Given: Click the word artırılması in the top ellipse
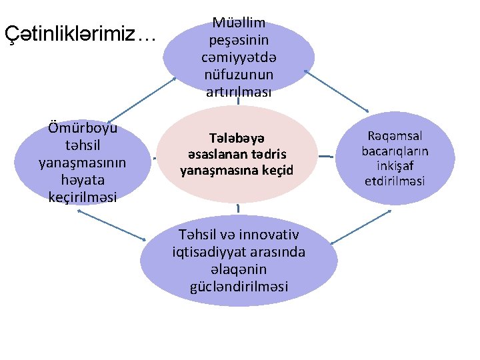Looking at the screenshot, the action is click(239, 91).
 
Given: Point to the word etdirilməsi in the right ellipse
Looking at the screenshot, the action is click(395, 181).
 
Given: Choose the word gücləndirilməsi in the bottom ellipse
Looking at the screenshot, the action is click(239, 287).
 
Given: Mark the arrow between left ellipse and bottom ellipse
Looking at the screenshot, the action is click(111, 225).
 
